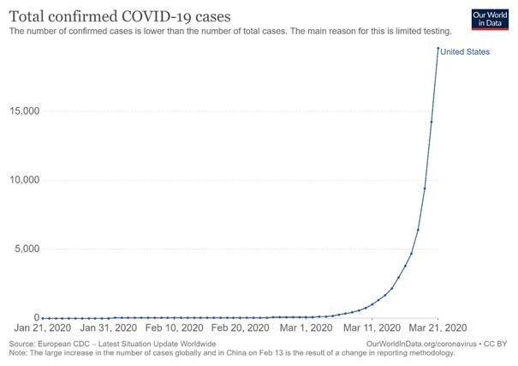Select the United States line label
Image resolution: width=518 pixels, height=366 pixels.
click(x=465, y=52)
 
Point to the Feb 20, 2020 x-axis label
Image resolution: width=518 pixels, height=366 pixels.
click(x=240, y=328)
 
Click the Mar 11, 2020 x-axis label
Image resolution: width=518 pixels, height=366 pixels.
click(x=371, y=328)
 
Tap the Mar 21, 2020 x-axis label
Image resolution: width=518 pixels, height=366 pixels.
click(x=437, y=328)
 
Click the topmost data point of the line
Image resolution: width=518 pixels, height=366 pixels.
click(x=438, y=49)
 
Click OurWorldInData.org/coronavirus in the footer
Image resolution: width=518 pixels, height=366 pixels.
click(x=419, y=343)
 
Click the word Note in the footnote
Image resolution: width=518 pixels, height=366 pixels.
click(x=17, y=352)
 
